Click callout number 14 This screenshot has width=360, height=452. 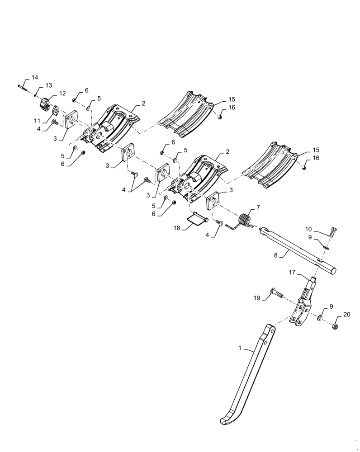point(35,77)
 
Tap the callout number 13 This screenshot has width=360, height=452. point(48,86)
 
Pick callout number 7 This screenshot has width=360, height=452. point(258,207)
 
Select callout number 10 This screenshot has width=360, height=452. point(321,229)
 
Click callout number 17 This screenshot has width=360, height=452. point(292,273)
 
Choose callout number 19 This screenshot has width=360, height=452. point(257,298)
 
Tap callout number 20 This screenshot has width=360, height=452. point(346,315)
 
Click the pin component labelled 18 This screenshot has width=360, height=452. point(197,220)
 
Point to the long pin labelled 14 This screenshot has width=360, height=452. point(22,85)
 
